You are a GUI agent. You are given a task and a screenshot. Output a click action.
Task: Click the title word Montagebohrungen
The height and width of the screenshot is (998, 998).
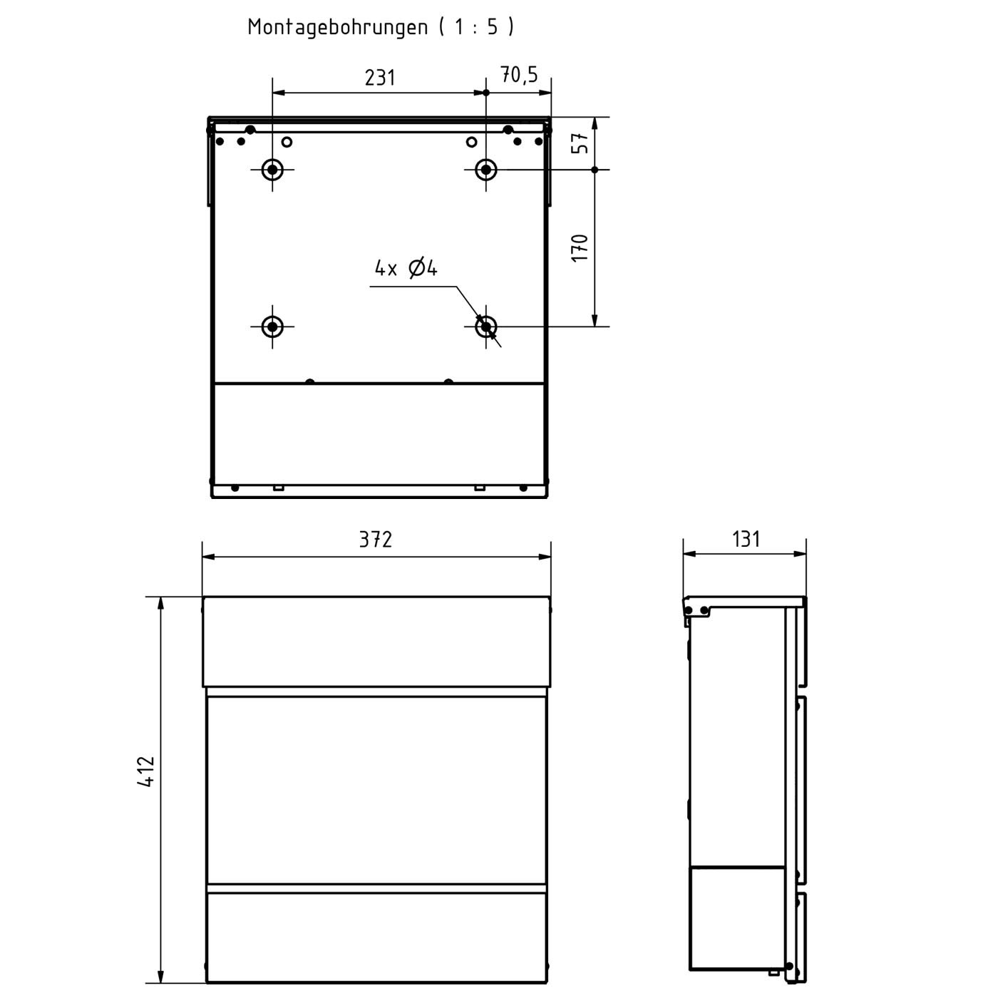[337, 27]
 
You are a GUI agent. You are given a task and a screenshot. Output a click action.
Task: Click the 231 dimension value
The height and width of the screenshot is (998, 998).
[380, 77]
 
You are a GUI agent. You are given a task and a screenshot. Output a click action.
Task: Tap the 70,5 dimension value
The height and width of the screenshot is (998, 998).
[519, 74]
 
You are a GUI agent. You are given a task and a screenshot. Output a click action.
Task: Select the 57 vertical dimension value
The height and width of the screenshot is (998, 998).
[582, 143]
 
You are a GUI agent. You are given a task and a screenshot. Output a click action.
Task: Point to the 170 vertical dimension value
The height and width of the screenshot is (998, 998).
[582, 247]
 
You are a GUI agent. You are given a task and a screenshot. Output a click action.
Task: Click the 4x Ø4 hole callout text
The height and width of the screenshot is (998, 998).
[406, 268]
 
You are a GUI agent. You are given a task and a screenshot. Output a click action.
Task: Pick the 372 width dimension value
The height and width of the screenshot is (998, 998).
[376, 540]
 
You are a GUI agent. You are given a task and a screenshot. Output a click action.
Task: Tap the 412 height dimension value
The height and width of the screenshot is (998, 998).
[146, 771]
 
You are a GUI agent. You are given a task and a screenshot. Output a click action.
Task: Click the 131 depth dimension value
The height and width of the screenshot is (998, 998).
[746, 539]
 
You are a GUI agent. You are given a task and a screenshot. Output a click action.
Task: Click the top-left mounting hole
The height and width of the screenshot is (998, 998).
[272, 170]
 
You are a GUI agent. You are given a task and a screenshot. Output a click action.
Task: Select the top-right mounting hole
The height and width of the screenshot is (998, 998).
[485, 170]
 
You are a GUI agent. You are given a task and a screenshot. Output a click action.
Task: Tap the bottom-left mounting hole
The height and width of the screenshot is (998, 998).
[272, 326]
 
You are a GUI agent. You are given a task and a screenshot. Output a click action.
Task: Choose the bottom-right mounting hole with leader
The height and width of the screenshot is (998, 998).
[485, 326]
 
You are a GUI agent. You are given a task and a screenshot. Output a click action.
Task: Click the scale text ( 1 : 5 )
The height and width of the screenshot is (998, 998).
[476, 27]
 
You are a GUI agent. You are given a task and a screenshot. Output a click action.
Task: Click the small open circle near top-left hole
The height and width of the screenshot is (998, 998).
[287, 142]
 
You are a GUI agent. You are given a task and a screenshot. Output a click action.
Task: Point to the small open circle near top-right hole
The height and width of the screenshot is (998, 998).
[471, 142]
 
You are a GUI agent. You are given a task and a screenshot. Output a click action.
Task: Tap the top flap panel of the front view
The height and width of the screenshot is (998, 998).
[376, 642]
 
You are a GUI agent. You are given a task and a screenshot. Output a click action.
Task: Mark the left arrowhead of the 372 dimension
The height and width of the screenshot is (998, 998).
[207, 557]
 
